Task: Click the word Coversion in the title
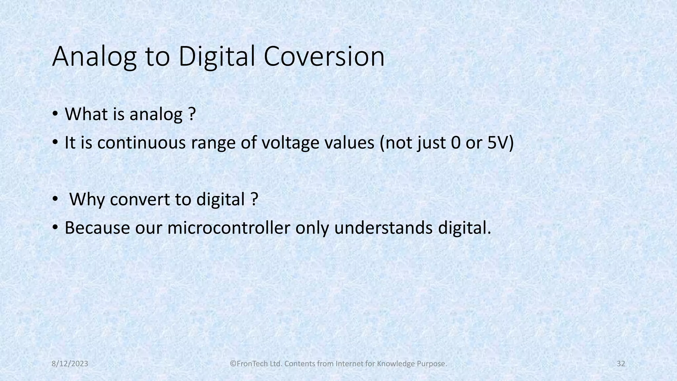324,57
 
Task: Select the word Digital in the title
217,57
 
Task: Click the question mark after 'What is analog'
192,114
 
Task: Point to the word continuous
141,143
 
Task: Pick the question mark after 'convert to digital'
254,199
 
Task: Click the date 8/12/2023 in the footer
70,364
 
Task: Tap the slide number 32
621,364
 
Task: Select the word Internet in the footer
349,364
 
